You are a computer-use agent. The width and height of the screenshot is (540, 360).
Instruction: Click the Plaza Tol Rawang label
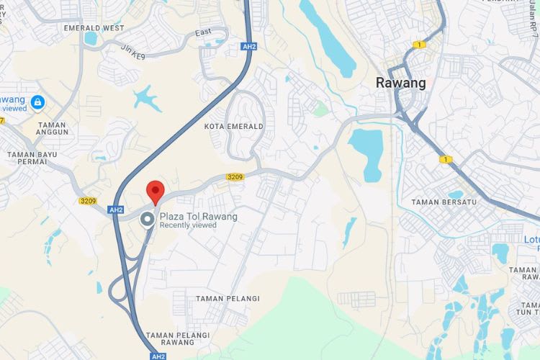tap(198, 216)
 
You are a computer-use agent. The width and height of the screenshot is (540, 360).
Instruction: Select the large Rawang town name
tap(400, 83)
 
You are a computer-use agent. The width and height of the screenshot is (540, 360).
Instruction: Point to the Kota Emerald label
tap(234, 126)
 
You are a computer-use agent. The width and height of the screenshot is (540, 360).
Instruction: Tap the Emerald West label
tap(94, 28)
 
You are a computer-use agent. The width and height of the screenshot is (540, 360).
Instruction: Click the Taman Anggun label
tap(53, 128)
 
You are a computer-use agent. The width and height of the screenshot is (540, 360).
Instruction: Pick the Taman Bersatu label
tap(444, 202)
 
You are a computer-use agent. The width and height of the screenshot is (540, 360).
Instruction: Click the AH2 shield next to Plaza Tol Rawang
tap(116, 210)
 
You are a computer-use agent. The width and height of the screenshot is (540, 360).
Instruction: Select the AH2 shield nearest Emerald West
tap(249, 46)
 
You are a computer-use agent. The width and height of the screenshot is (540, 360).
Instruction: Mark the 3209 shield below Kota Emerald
tap(235, 176)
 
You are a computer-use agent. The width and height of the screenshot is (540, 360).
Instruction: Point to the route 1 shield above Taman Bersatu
tap(446, 159)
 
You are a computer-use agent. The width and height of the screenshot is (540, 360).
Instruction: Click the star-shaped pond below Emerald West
tap(147, 97)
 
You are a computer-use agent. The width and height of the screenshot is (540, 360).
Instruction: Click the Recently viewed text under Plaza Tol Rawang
tap(188, 225)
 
